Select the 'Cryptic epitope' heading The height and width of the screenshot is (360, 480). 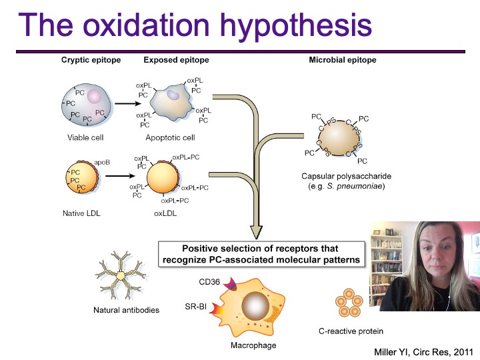[91, 60]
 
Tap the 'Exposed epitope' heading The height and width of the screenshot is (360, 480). [176, 60]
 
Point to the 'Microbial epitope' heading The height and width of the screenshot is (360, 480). [343, 60]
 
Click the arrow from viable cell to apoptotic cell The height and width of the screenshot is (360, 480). [124, 104]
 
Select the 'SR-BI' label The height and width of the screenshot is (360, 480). [195, 307]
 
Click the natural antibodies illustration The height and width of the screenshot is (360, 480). [120, 275]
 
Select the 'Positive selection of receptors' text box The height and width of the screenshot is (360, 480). [263, 254]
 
